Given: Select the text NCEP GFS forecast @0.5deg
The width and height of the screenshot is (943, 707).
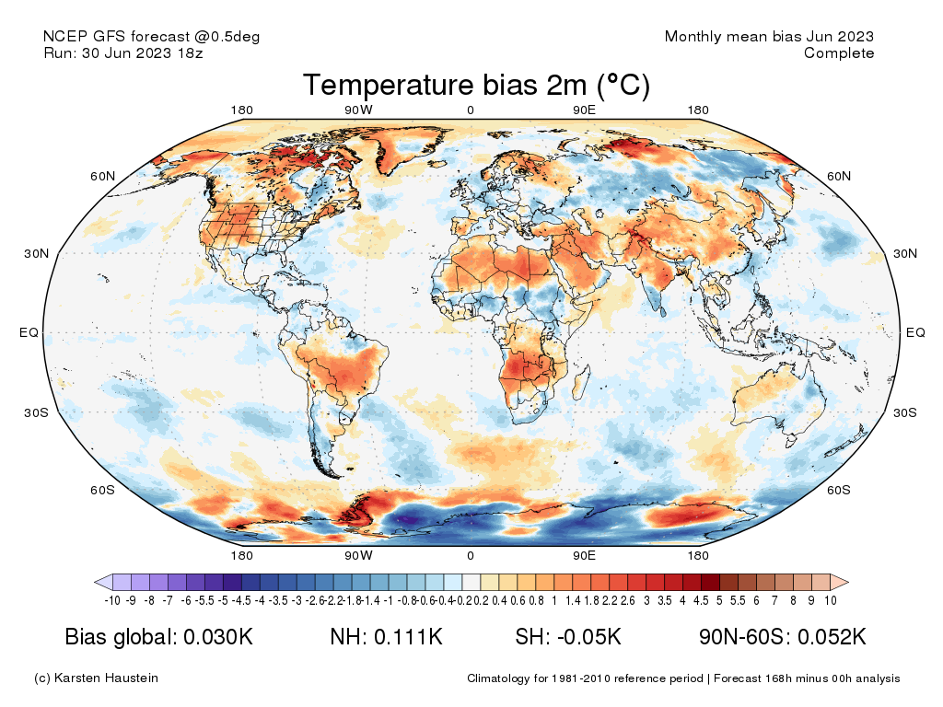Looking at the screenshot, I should coord(152,37).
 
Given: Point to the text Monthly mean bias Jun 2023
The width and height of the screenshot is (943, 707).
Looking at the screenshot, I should coord(769,37).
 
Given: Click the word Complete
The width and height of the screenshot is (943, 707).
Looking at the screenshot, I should coord(838,53).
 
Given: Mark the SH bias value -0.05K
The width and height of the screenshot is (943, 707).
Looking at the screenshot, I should coord(586,638).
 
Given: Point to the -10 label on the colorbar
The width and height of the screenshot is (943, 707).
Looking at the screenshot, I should coord(112,601).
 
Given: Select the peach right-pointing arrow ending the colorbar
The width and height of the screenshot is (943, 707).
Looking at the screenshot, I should coord(839,582).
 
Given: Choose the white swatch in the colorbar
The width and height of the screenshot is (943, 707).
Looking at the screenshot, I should coord(471,582).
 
